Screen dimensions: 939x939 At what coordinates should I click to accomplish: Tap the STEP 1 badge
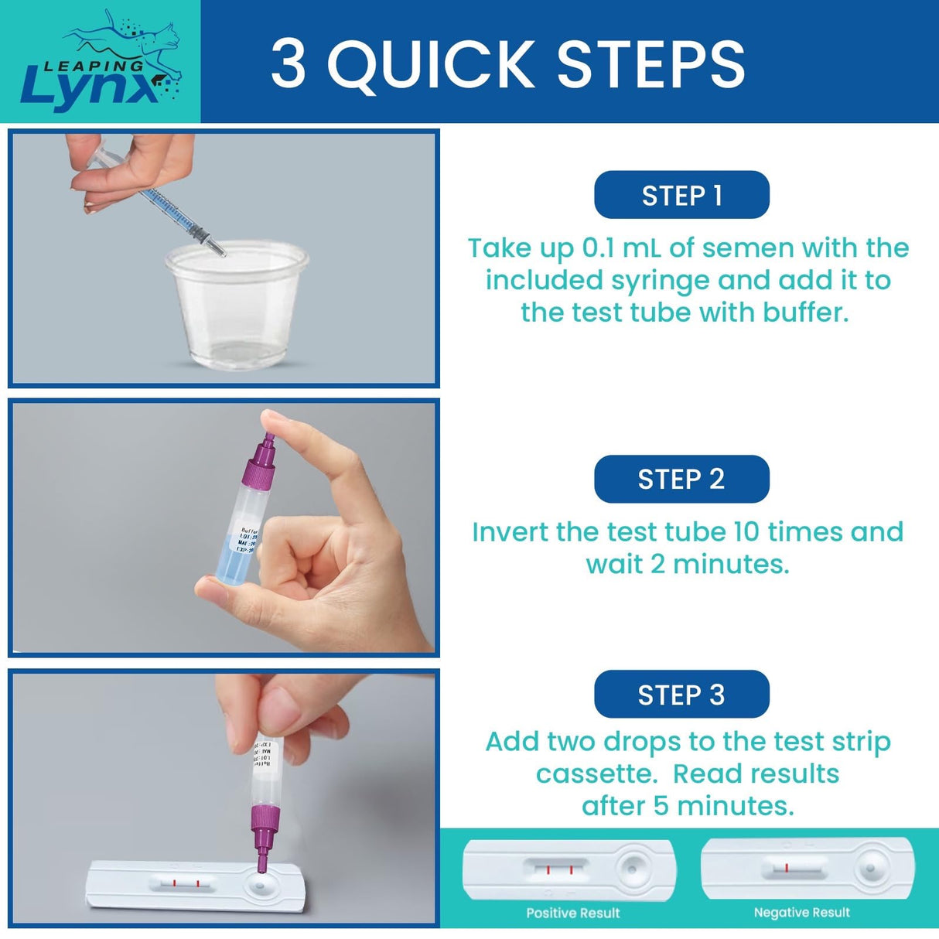pos(681,195)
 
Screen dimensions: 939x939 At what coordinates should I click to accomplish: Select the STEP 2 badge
pos(681,479)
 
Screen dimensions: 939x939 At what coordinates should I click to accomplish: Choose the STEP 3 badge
pos(681,695)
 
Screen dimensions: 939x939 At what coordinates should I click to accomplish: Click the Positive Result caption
pos(573,913)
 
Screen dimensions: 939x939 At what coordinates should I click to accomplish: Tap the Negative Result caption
pos(801,913)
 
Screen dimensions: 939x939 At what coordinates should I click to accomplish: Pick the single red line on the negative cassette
pos(786,868)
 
